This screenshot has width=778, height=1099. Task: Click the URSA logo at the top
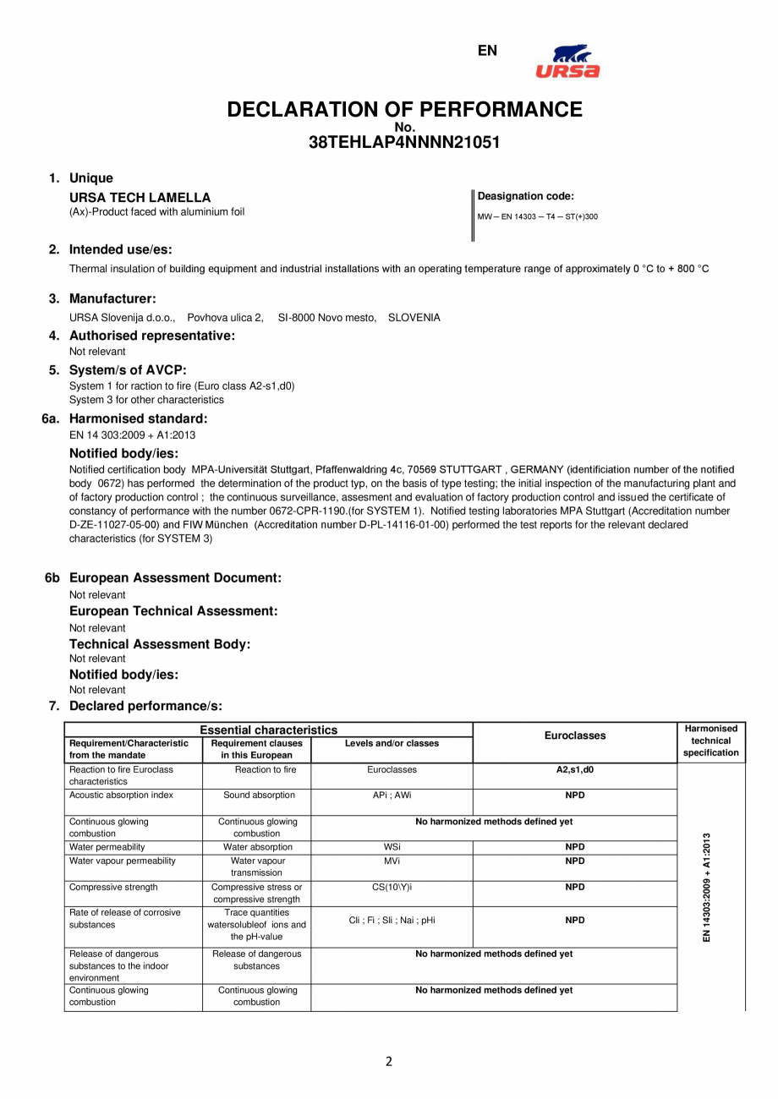pos(567,61)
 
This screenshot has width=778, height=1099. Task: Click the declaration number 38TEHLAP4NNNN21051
pos(404,143)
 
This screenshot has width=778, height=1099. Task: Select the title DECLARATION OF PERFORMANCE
pos(404,110)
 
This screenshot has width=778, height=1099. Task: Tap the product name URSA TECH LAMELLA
pos(140,198)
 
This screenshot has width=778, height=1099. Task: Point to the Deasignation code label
pos(526,196)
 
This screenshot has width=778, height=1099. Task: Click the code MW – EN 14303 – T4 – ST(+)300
pos(538,217)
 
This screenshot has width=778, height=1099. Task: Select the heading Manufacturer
pos(112,298)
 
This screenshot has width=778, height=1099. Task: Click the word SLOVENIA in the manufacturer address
pos(414,318)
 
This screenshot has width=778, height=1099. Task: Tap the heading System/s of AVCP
pos(128,369)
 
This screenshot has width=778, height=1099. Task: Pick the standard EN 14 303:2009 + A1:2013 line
pos(132,435)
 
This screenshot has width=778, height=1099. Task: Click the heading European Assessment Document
pos(175,578)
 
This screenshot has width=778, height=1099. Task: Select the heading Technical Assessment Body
pos(160,644)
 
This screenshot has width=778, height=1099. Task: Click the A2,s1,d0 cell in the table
pos(574,770)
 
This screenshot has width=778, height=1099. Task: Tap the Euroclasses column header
pos(574,735)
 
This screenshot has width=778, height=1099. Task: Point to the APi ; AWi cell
pos(392,796)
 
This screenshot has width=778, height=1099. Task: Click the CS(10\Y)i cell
pos(392,888)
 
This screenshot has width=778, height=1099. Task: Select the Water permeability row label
pos(107,847)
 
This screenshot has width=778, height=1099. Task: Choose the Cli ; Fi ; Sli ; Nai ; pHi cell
pos(392,921)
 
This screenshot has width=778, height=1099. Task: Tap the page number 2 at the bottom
pos(389,1063)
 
